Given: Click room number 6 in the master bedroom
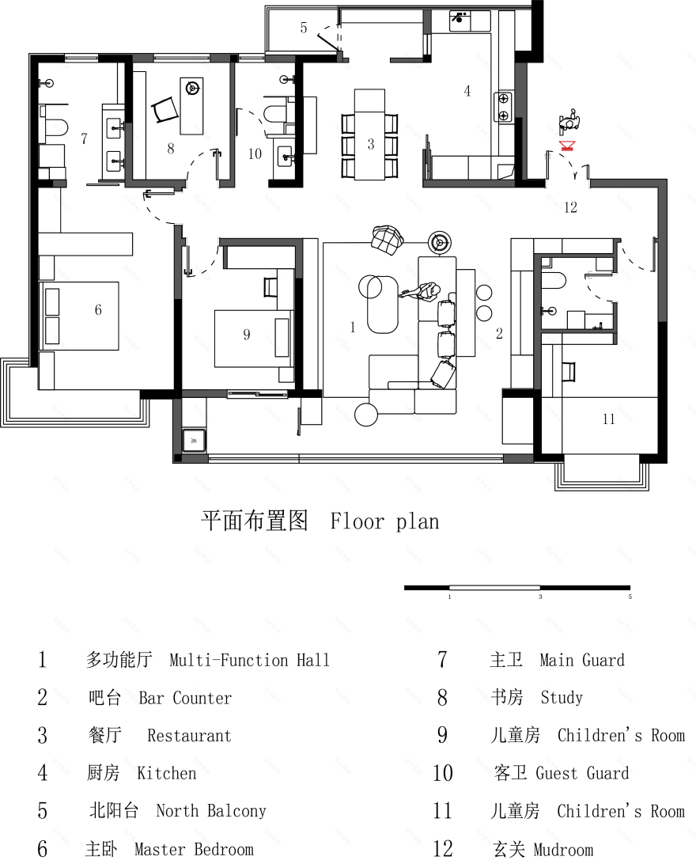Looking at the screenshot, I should pos(98,310).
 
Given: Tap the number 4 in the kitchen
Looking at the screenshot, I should pos(467,92).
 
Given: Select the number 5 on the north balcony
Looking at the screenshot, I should pos(304,28).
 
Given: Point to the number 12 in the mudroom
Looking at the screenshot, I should pos(570,208).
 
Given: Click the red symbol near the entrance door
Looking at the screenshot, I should pos(566,146).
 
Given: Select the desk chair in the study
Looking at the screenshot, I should pos(164,109).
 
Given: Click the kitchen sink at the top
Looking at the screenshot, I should pos(460,20).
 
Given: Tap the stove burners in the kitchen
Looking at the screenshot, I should pos(501,107).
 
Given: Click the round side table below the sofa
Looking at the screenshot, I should pos(367,414).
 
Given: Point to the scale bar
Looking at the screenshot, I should pos(517,588).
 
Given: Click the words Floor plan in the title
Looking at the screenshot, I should pos(384,521).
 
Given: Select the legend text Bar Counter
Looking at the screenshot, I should pos(185,698).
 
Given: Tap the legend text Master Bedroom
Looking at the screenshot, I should pos(194,850).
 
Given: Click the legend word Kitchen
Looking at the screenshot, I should pos(166,773).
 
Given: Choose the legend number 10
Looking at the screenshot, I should pos(442,773).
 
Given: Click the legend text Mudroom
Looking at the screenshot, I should pos(563,850).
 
